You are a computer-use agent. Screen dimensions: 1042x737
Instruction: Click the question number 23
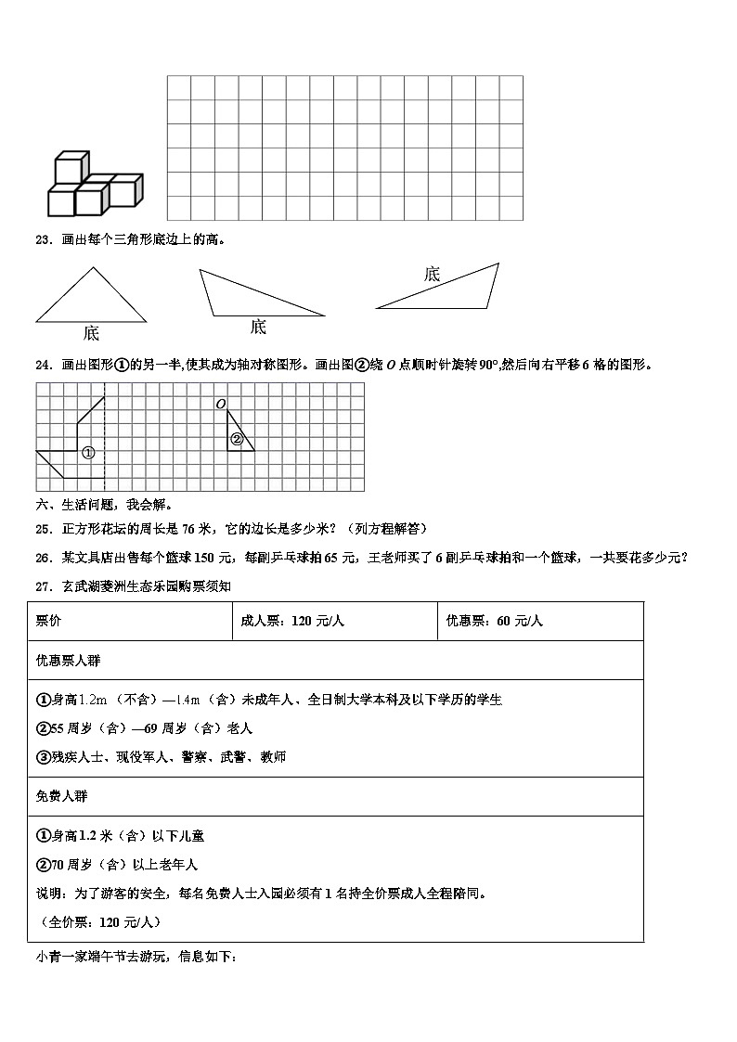pos(41,239)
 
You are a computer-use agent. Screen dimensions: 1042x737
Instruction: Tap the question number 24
pos(41,365)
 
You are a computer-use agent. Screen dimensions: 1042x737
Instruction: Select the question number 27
pos(41,586)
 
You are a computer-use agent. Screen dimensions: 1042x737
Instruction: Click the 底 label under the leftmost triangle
pos(90,333)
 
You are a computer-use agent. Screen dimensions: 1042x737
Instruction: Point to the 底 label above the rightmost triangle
pos(432,274)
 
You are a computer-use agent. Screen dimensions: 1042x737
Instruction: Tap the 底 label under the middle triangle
pos(258,327)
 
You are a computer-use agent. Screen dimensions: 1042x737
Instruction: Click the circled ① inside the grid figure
pos(88,453)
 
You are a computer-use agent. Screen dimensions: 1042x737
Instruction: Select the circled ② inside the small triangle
pos(237,440)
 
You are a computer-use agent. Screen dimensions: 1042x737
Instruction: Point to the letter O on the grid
pos(220,404)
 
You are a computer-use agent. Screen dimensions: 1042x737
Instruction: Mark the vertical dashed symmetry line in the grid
pos(104,436)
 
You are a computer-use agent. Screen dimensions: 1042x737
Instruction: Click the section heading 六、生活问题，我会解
pos(102,506)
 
